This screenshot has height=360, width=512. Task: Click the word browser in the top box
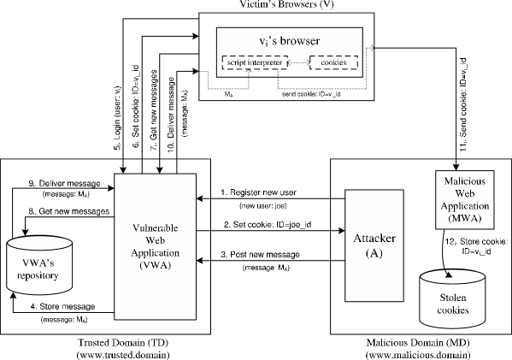pyautogui.click(x=301, y=41)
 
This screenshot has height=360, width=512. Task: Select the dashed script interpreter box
pyautogui.click(x=255, y=62)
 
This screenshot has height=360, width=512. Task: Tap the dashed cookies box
pyautogui.click(x=333, y=62)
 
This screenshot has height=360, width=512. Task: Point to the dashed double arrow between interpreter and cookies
pyautogui.click(x=298, y=62)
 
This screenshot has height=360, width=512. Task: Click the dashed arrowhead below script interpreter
pyautogui.click(x=248, y=74)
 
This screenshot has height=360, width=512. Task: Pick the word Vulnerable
pyautogui.click(x=156, y=228)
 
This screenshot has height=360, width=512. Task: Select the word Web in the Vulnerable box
pyautogui.click(x=156, y=241)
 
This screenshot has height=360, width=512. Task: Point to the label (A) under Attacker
pyautogui.click(x=374, y=253)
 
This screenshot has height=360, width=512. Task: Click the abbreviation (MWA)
pyautogui.click(x=464, y=219)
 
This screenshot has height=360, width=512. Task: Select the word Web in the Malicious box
pyautogui.click(x=464, y=195)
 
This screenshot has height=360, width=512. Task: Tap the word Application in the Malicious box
pyautogui.click(x=464, y=207)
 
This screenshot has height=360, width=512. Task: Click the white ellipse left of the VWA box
pyautogui.click(x=39, y=244)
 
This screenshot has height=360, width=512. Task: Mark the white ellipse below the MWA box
pyautogui.click(x=452, y=275)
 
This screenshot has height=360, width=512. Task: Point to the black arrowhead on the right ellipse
pyautogui.click(x=448, y=274)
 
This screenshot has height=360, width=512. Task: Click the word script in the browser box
pyautogui.click(x=237, y=62)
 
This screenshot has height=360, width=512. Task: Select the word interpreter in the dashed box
pyautogui.click(x=265, y=62)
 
